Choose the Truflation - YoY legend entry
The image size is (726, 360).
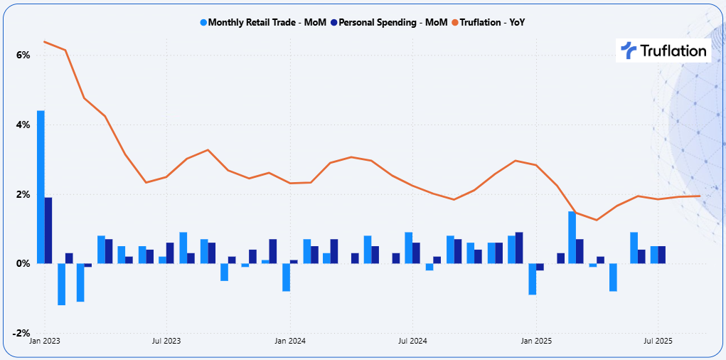click(x=494, y=22)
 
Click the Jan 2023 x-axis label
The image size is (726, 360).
click(x=44, y=341)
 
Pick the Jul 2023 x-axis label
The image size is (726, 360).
click(x=166, y=341)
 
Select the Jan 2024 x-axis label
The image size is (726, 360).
click(x=289, y=341)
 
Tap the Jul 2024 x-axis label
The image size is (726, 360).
click(x=412, y=341)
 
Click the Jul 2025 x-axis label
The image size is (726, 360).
click(x=658, y=341)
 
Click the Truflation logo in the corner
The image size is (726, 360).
click(x=663, y=51)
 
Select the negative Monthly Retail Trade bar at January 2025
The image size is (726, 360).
click(x=532, y=279)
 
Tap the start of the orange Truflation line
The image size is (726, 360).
click(x=44, y=41)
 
